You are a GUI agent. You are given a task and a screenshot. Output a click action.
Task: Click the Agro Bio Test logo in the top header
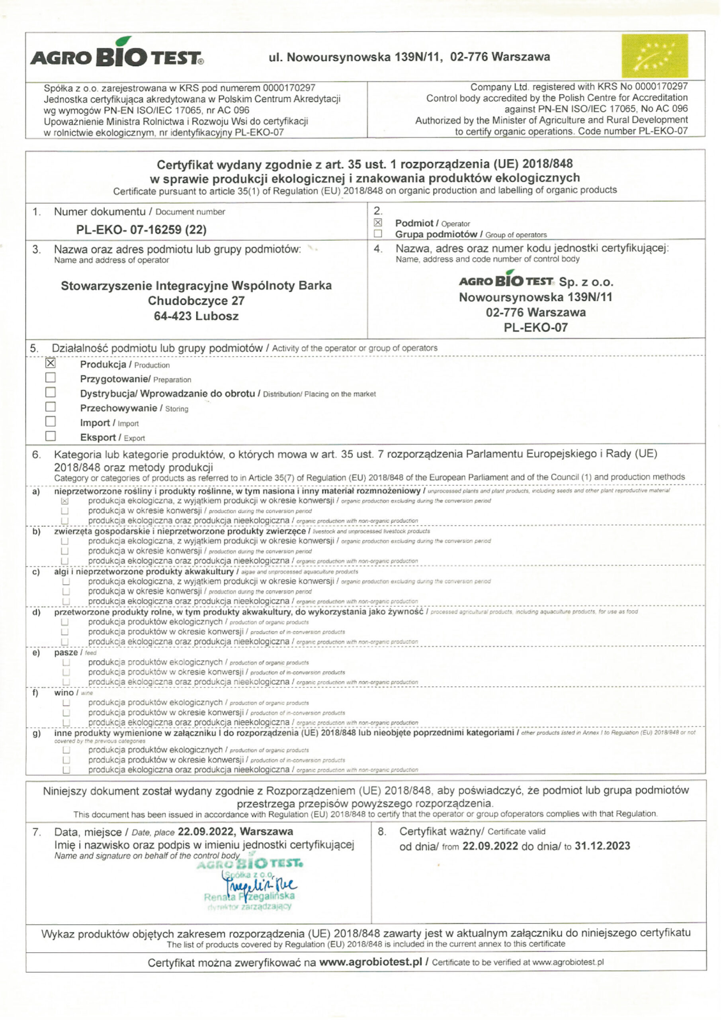click(x=117, y=55)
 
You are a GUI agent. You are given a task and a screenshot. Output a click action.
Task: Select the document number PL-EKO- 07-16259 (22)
click(x=141, y=229)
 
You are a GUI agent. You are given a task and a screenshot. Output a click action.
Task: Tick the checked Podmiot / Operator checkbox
click(x=378, y=223)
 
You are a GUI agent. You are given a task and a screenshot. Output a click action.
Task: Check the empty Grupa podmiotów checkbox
click(x=378, y=233)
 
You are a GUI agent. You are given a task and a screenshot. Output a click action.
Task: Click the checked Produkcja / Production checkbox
click(x=51, y=363)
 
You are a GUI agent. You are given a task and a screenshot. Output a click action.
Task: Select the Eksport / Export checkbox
click(x=51, y=436)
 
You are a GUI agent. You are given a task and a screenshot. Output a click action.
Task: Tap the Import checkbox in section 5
click(x=51, y=422)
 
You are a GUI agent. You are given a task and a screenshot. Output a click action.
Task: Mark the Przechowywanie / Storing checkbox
click(x=51, y=407)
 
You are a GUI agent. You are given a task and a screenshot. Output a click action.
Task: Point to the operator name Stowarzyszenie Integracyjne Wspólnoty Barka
click(x=196, y=286)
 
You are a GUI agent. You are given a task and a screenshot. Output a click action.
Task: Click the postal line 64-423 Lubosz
click(x=196, y=316)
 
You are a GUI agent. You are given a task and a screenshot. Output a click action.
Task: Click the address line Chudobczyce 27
click(x=196, y=301)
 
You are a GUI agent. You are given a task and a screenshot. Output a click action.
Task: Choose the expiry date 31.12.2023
click(x=602, y=846)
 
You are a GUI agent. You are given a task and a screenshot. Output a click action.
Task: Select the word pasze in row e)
click(x=66, y=653)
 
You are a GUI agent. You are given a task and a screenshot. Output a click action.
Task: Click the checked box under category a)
click(x=65, y=501)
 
